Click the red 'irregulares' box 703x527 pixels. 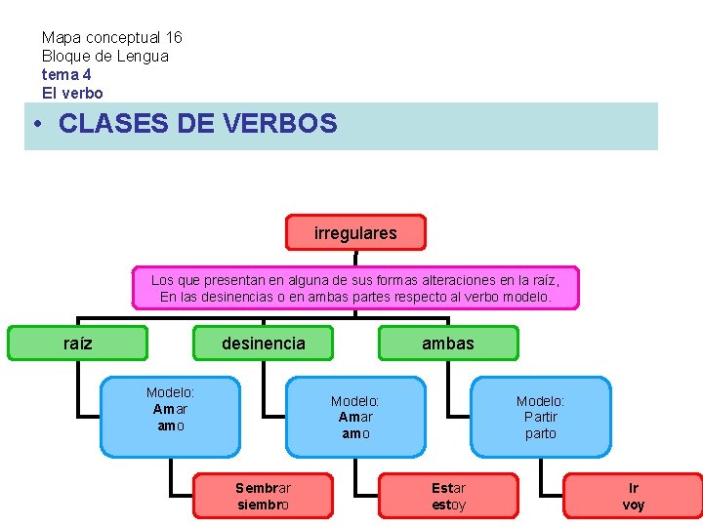click(355, 233)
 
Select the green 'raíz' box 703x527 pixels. click(78, 344)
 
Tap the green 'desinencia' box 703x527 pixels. click(263, 344)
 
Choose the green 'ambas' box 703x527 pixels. click(448, 344)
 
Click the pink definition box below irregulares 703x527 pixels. click(355, 288)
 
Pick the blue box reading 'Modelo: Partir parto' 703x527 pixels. click(540, 417)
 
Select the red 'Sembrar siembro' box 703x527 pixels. click(263, 496)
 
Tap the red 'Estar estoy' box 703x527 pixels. click(448, 496)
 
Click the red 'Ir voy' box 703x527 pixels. click(634, 496)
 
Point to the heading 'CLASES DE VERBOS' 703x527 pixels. click(197, 124)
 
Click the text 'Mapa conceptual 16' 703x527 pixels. click(111, 37)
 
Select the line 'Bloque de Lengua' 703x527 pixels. click(104, 56)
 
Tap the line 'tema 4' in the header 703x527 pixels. click(66, 74)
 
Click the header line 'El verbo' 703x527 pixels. click(72, 93)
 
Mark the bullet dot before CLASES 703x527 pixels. click(35, 125)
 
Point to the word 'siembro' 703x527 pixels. click(263, 505)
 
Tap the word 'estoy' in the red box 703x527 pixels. click(448, 505)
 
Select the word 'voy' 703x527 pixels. click(634, 505)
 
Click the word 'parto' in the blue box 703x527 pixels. click(540, 433)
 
